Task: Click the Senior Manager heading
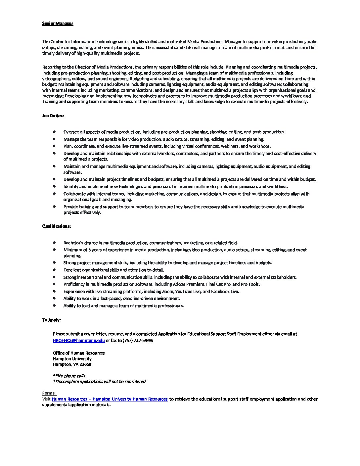tap(58, 23)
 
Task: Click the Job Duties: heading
tap(53, 116)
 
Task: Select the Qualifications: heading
tap(56, 226)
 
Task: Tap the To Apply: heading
tap(51, 320)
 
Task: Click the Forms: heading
tap(49, 393)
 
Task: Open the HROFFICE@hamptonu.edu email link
tap(79, 340)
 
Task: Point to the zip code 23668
tap(85, 364)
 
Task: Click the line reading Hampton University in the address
tap(72, 359)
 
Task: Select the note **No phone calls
tap(69, 376)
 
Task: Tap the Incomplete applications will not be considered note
tap(101, 382)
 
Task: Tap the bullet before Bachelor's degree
tap(54, 243)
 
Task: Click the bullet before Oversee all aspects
tap(54, 132)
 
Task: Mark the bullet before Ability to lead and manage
tap(54, 305)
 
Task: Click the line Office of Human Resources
tap(79, 353)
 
